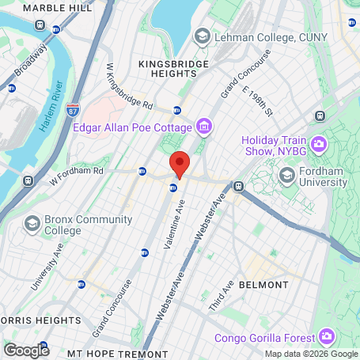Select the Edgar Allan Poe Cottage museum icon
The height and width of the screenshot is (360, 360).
[205, 126]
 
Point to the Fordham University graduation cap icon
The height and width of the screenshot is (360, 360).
[286, 174]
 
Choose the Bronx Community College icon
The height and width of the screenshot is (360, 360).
[32, 224]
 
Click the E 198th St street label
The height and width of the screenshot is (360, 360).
[257, 102]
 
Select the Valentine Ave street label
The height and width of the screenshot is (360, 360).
[174, 225]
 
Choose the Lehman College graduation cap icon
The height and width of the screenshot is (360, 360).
[203, 36]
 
